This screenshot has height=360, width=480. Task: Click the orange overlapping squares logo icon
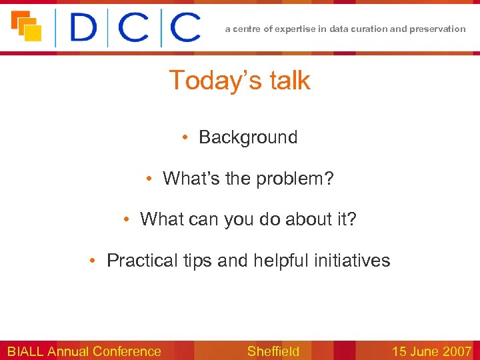[26, 26]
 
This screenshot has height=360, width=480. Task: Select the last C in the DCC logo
[184, 28]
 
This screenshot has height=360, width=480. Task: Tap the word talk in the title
[289, 81]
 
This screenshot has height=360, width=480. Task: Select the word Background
[248, 137]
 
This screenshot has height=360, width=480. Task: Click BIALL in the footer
[25, 351]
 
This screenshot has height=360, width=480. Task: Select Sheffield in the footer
[273, 351]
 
